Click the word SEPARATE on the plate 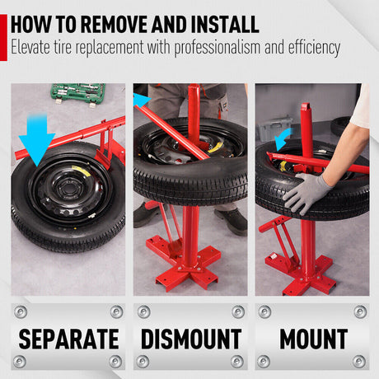tap(68, 338)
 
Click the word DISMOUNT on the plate tap(190, 338)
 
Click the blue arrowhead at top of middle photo tap(141, 99)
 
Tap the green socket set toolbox tap(77, 92)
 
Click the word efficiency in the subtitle tap(307, 48)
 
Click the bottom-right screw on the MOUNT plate tap(359, 361)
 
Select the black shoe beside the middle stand tap(232, 220)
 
